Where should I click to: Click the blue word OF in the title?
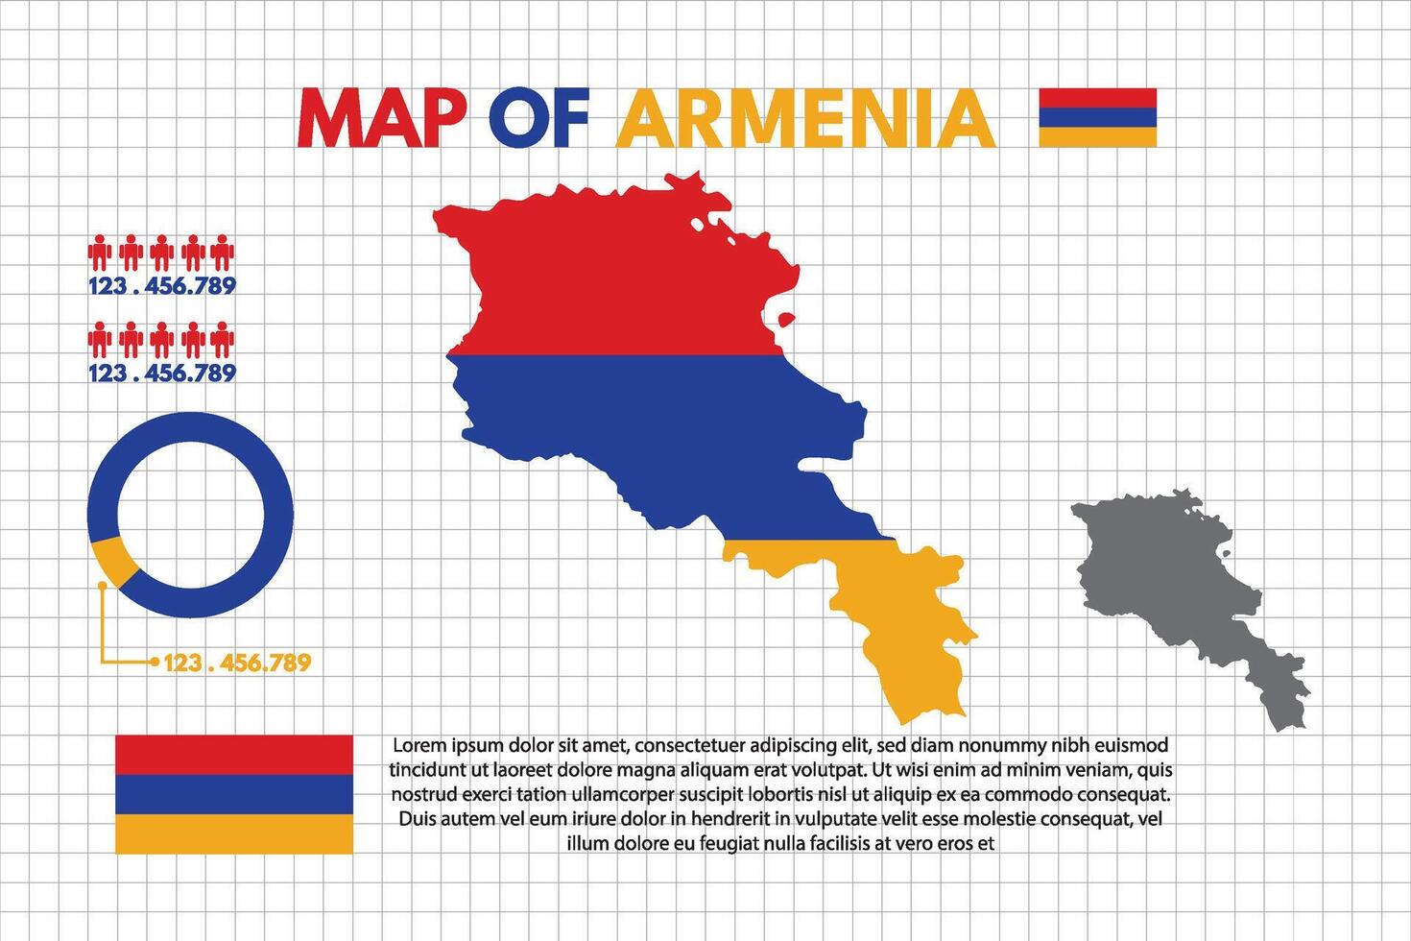[538, 119]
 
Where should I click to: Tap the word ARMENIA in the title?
[804, 119]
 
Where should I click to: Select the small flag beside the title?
[1097, 117]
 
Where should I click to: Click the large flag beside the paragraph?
[233, 794]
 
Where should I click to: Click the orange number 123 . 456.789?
[237, 663]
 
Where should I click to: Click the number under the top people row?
[161, 285]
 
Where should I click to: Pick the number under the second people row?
[161, 373]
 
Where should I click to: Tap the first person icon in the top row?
[100, 253]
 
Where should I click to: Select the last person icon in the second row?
[223, 340]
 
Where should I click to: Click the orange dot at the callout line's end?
[154, 662]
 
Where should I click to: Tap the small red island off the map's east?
[786, 319]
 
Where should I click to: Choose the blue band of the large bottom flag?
[233, 794]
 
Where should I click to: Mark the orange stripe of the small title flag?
[1097, 137]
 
